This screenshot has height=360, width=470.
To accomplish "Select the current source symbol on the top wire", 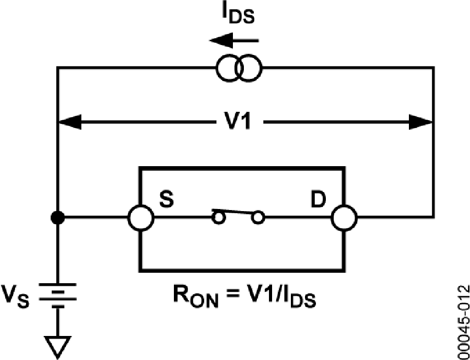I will [x=239, y=68].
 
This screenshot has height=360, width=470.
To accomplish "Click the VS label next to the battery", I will [x=19, y=299].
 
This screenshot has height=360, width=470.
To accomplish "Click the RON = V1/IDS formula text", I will [x=242, y=298].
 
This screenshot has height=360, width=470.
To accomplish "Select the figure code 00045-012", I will [x=462, y=321].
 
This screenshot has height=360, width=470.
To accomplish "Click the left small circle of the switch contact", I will [x=218, y=217].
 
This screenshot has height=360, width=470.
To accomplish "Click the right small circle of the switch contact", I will [x=257, y=217].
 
